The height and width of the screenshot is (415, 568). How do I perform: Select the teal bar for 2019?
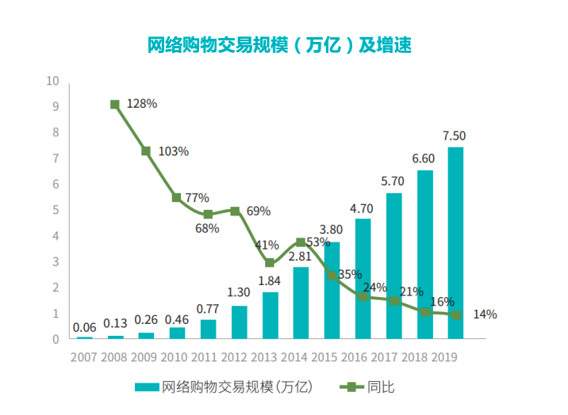click(455, 242)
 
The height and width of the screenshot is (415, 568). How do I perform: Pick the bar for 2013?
click(270, 315)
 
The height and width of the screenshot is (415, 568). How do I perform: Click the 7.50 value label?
click(455, 135)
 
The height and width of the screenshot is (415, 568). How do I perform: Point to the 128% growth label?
click(142, 104)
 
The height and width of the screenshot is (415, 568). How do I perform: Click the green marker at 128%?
click(115, 105)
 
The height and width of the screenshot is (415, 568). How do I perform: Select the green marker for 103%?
click(146, 150)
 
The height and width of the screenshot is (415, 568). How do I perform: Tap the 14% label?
click(484, 314)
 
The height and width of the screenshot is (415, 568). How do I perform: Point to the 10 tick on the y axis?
click(53, 81)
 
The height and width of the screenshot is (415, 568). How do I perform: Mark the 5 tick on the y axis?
click(56, 210)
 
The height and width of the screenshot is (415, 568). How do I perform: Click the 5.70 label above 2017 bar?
click(393, 181)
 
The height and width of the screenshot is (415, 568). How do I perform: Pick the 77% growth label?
click(197, 198)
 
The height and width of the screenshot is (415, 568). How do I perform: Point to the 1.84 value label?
click(270, 280)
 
